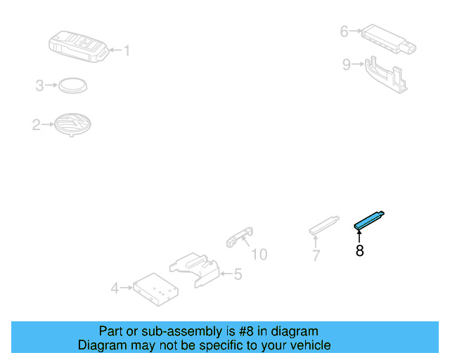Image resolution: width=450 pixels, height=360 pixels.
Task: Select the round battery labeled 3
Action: pyautogui.click(x=72, y=85)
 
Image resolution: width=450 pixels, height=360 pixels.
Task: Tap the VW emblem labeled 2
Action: pyautogui.click(x=73, y=125)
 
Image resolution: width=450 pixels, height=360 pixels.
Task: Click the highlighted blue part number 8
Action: pyautogui.click(x=369, y=220)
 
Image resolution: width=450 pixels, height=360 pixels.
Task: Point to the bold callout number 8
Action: pyautogui.click(x=359, y=250)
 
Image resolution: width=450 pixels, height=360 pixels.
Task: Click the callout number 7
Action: pyautogui.click(x=316, y=256)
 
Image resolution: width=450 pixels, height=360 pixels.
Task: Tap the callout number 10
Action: pyautogui.click(x=259, y=254)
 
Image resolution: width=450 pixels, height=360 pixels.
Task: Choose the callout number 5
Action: pyautogui.click(x=238, y=274)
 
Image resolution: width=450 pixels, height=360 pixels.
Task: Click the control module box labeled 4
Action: pyautogui.click(x=156, y=288)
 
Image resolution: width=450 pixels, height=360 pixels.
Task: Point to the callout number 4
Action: pyautogui.click(x=115, y=288)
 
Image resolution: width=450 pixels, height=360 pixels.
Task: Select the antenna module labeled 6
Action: pyautogui.click(x=387, y=39)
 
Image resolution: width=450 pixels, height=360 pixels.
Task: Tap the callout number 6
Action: pyautogui.click(x=344, y=31)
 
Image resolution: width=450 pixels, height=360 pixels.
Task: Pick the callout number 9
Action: pyautogui.click(x=346, y=65)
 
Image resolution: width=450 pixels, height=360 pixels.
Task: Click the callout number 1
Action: pyautogui.click(x=127, y=50)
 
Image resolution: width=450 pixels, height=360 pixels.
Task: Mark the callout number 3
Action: pyautogui.click(x=40, y=86)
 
